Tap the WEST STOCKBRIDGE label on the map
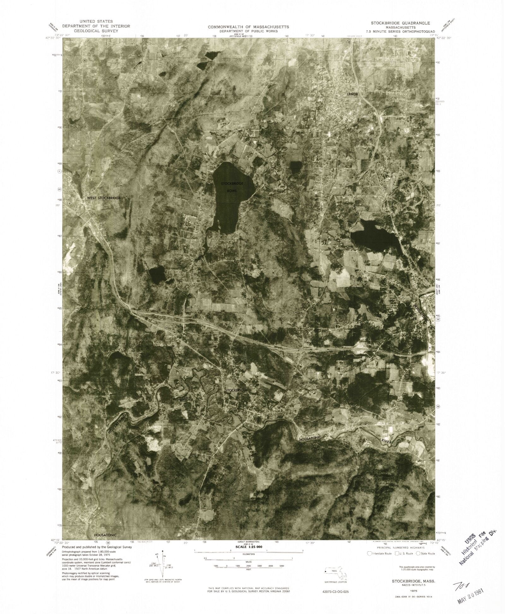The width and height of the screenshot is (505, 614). [x=104, y=198]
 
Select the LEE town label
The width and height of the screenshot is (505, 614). [x=414, y=319]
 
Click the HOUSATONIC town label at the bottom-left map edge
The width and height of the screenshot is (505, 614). [x=105, y=535]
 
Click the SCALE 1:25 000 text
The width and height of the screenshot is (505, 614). [x=249, y=547]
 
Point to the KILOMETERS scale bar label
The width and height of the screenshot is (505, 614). [x=249, y=554]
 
